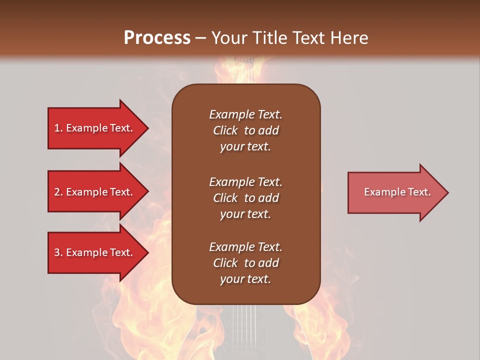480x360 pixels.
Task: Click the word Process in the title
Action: [x=157, y=37]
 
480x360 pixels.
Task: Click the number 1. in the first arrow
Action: [x=58, y=128]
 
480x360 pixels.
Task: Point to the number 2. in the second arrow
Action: [x=58, y=192]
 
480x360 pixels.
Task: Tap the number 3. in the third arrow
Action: [x=58, y=252]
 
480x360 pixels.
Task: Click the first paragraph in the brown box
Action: [x=245, y=130]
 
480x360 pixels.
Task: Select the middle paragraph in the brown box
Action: [x=245, y=198]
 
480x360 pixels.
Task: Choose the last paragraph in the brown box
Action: [x=245, y=263]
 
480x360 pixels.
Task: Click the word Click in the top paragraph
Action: [x=225, y=130]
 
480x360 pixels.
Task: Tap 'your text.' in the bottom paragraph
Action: [x=245, y=279]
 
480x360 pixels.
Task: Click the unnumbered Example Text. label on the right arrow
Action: [x=397, y=192]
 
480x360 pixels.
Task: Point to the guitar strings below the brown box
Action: [x=245, y=325]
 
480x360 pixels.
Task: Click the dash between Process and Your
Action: [x=200, y=38]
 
